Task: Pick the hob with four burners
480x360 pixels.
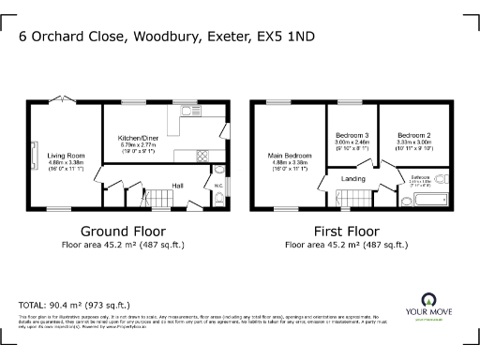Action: click(199, 155)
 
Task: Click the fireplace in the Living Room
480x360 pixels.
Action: click(35, 156)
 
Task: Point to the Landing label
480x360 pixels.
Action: click(353, 178)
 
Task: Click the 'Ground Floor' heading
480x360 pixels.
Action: click(123, 230)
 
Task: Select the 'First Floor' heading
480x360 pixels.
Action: click(345, 230)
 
